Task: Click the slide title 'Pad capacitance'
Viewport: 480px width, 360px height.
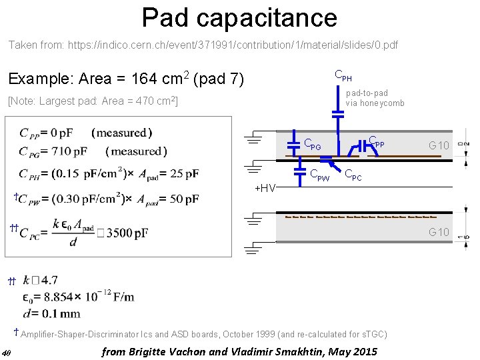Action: click(239, 17)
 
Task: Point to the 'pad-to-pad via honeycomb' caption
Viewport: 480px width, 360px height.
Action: click(375, 98)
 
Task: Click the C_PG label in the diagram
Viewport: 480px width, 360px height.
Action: click(312, 143)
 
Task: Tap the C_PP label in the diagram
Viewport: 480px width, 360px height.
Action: click(377, 142)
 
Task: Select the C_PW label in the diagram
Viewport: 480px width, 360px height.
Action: click(319, 175)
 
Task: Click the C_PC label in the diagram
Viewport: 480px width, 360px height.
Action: click(353, 175)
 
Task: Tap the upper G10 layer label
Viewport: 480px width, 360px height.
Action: click(439, 145)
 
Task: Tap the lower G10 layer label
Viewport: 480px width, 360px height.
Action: click(439, 232)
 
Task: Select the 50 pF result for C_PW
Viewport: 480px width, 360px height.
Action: click(183, 198)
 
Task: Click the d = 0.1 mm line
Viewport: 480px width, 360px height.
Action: click(51, 313)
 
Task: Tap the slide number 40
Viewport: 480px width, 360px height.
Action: click(6, 353)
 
